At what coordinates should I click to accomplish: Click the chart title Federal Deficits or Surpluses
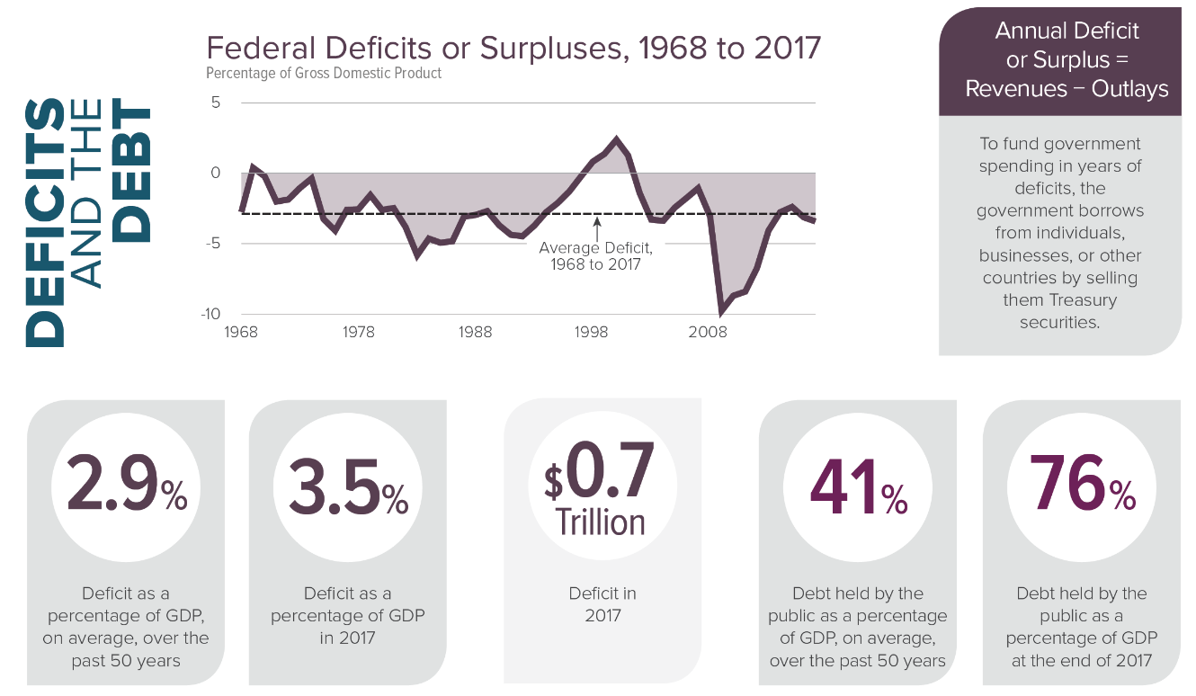coord(513,48)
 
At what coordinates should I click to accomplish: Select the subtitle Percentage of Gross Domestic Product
coord(324,73)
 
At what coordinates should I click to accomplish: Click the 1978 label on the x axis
coord(358,332)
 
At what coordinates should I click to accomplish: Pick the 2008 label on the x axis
coord(708,332)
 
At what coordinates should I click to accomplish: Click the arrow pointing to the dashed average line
coord(596,228)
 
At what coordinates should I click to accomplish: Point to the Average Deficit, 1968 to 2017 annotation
coord(595,255)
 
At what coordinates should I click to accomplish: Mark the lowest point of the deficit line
coord(720,312)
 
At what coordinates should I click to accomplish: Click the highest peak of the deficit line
coord(616,138)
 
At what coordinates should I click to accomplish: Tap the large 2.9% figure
coord(126,486)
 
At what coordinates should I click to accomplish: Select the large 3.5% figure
coord(347,486)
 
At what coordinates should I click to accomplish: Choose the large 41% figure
coord(859,486)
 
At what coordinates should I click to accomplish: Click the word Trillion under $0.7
coord(600,522)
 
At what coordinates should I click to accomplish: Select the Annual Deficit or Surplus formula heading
coord(1067,59)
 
